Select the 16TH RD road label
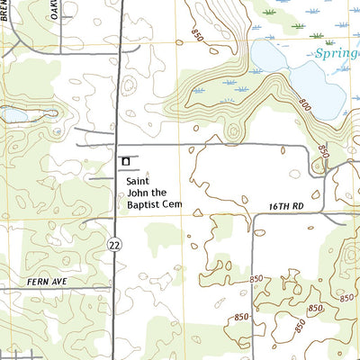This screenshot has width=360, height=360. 287,207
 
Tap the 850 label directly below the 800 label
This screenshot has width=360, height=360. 323,150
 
